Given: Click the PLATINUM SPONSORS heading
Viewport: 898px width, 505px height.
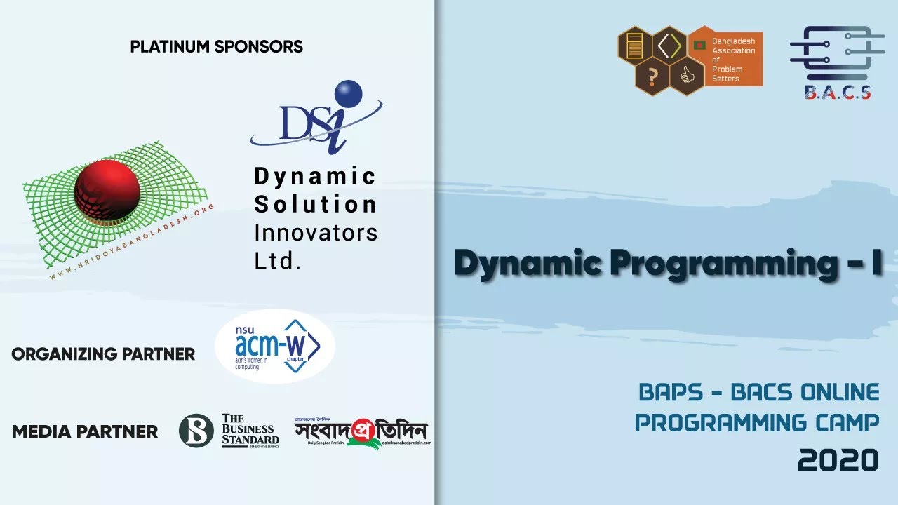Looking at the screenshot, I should [x=216, y=47].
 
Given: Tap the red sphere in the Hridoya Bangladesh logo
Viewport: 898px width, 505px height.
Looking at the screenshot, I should [x=107, y=189].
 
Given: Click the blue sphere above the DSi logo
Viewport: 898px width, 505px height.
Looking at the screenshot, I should [x=348, y=95].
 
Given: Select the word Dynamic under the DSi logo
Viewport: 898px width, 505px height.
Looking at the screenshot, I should [x=315, y=176].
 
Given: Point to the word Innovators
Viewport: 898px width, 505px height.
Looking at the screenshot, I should [x=315, y=233].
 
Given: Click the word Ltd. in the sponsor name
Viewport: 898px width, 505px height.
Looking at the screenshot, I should [x=277, y=261].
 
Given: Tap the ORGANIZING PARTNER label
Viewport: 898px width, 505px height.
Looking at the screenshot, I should [x=103, y=354].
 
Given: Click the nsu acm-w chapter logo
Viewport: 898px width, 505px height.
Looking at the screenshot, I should [x=274, y=346].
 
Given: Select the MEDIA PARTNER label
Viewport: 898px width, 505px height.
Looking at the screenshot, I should [x=85, y=431].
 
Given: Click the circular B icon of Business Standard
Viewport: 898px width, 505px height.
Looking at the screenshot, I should [x=196, y=431].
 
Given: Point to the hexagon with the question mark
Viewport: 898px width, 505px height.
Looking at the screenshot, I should [x=652, y=76].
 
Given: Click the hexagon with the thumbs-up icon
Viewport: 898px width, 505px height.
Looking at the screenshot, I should [x=687, y=76].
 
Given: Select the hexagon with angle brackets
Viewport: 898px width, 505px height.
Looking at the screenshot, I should [x=670, y=46].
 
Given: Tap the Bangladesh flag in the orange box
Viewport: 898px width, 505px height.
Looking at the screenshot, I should [x=699, y=45].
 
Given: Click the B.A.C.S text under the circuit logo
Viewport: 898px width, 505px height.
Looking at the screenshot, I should [x=838, y=92].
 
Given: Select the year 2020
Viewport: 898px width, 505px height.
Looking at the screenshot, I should [x=838, y=460].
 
